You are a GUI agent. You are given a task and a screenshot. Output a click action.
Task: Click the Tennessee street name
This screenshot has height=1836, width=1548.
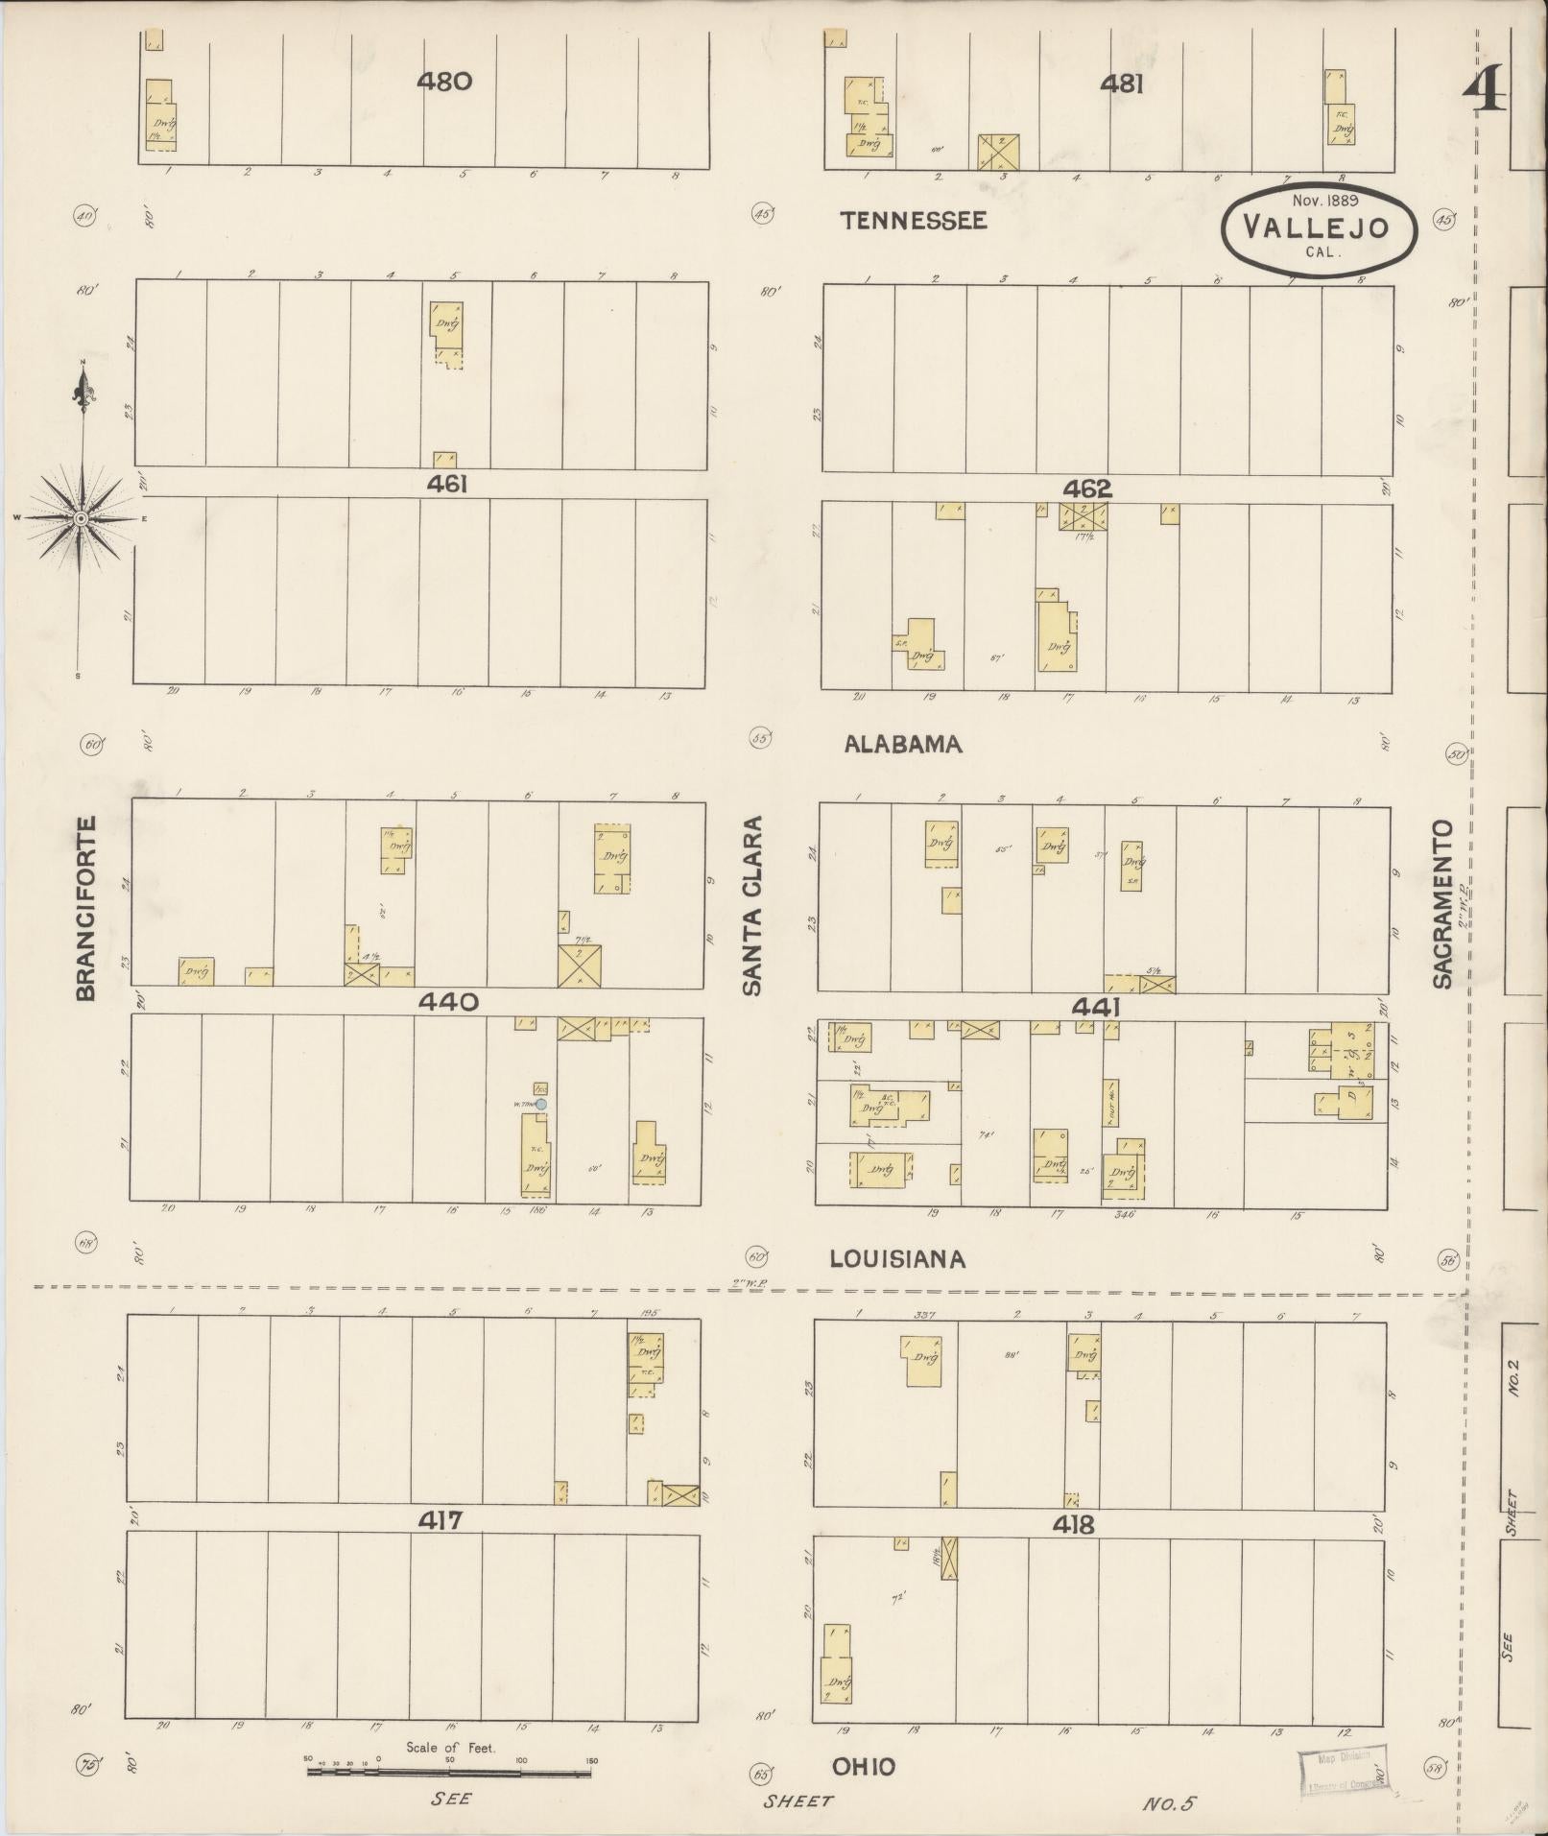913,221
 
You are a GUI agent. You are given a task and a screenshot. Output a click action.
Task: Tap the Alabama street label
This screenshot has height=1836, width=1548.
902,744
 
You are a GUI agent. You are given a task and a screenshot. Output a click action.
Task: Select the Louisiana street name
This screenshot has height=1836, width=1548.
897,1258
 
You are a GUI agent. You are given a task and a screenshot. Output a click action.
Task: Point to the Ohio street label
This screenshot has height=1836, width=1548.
864,1768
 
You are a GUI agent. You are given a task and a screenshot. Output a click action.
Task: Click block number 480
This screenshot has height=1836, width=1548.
443,82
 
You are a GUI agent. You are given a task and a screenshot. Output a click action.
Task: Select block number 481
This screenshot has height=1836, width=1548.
1121,84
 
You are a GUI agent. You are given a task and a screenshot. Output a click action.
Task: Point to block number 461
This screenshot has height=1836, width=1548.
447,485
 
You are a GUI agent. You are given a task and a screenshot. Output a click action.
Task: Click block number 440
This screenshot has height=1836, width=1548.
447,1002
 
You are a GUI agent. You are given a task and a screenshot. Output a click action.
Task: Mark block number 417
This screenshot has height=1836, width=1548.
441,1521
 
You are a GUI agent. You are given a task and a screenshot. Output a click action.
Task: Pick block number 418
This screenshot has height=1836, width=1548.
1073,1525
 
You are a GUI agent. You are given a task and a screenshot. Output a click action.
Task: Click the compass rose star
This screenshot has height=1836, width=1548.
83,518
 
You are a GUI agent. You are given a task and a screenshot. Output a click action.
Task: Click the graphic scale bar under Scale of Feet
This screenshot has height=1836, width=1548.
449,1772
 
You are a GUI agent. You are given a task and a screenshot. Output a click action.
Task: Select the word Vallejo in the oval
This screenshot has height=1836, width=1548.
1301,228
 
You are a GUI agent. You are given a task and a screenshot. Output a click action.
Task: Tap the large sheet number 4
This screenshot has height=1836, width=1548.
1484,93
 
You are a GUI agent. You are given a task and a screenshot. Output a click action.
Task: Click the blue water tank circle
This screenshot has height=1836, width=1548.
541,1105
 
